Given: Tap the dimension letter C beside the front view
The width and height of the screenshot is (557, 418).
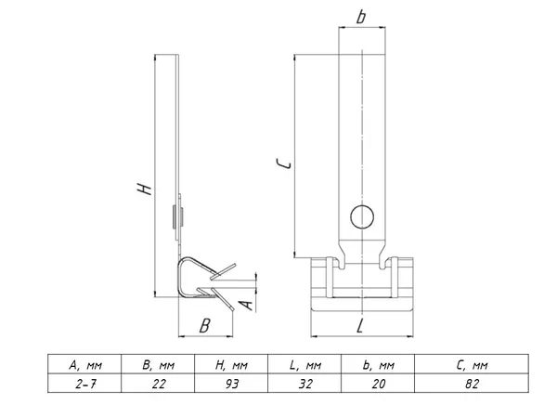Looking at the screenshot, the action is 284,163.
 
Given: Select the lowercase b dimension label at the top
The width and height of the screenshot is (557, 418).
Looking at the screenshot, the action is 361,17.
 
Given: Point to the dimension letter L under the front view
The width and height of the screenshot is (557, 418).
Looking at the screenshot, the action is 360,326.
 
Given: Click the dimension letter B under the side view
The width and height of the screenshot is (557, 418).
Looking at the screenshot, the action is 204,326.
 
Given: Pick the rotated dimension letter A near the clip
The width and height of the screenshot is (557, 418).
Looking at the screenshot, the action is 246,305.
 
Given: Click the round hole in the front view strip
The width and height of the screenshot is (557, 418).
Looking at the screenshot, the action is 362,216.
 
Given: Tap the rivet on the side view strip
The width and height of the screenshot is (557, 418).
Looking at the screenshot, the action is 177,216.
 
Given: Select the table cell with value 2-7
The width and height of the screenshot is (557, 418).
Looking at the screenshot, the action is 84,383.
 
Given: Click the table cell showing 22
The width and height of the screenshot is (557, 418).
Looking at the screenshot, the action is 158,383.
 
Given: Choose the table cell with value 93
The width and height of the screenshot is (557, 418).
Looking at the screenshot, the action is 231,383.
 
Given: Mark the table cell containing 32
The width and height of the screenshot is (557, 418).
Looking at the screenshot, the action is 304,383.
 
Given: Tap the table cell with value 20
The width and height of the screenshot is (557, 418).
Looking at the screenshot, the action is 378,383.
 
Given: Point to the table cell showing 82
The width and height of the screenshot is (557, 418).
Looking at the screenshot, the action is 472,383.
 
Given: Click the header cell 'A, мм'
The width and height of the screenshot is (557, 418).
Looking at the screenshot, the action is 84,364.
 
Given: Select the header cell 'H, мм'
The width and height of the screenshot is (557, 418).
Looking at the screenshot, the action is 231,364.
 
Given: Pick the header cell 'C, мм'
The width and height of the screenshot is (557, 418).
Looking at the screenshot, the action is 472,364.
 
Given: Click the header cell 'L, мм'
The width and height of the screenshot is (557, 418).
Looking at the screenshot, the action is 304,364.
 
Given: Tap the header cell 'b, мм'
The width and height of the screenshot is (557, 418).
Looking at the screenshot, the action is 378,364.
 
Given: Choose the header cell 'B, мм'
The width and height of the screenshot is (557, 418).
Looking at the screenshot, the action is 158,364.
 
